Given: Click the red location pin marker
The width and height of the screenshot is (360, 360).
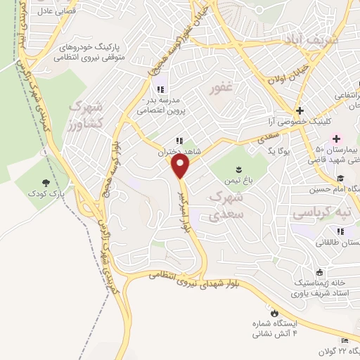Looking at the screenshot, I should coord(181,167).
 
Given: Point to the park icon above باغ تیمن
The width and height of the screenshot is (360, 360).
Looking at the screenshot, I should coord(238,167).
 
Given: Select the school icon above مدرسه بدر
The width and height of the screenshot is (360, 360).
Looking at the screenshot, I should coord(160,89).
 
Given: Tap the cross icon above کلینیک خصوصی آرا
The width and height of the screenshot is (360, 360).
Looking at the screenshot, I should coord(300,110).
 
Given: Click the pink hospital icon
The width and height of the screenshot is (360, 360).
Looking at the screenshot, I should coord(336,138).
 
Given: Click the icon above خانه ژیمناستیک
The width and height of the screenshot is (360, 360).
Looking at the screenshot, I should coord(320,272).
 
